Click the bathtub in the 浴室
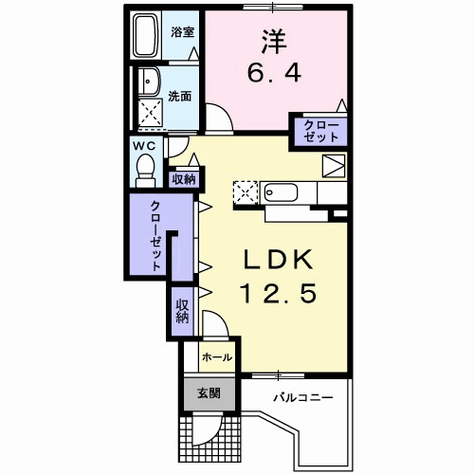[x=146, y=35]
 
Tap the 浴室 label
[x=182, y=32]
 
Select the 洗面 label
[x=179, y=97]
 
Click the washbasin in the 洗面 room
[x=150, y=81]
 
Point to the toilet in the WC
[x=146, y=171]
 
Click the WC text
[x=144, y=146]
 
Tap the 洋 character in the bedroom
[x=274, y=42]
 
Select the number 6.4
[x=274, y=72]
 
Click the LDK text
[x=278, y=259]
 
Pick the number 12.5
[x=279, y=293]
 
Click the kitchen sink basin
[x=281, y=192]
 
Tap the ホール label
[x=217, y=357]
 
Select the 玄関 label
[x=209, y=393]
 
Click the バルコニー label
[x=303, y=397]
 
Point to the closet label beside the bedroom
[x=320, y=131]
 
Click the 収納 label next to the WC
[x=184, y=180]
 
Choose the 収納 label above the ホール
[x=182, y=311]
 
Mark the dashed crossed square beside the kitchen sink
[x=246, y=192]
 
